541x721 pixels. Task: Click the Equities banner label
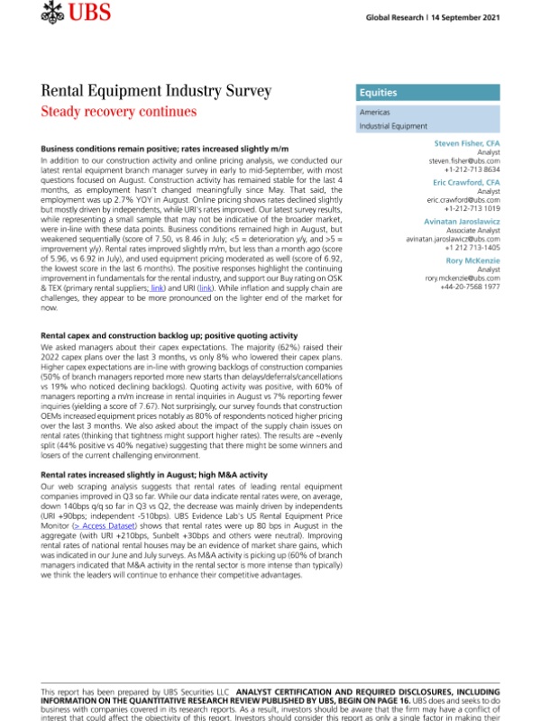point(379,93)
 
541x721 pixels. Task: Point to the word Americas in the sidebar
point(375,114)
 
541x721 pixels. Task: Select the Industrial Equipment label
point(393,127)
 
